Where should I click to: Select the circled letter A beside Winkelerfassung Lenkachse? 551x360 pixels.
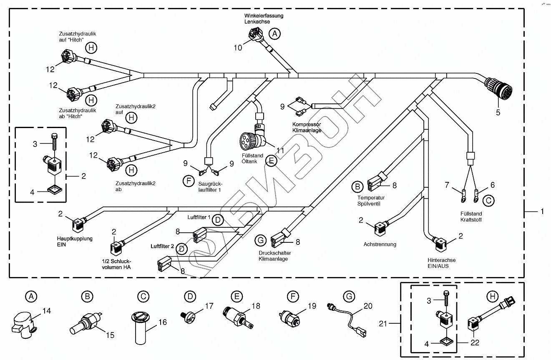(x=274, y=34)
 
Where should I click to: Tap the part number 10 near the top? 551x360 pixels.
(x=238, y=48)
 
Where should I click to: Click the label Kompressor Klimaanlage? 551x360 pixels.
(x=306, y=127)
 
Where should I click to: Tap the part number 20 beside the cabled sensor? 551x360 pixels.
(x=367, y=306)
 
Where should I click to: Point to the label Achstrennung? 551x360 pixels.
(x=380, y=244)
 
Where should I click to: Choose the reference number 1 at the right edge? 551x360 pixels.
(x=542, y=212)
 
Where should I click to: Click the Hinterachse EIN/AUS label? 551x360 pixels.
(x=441, y=263)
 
